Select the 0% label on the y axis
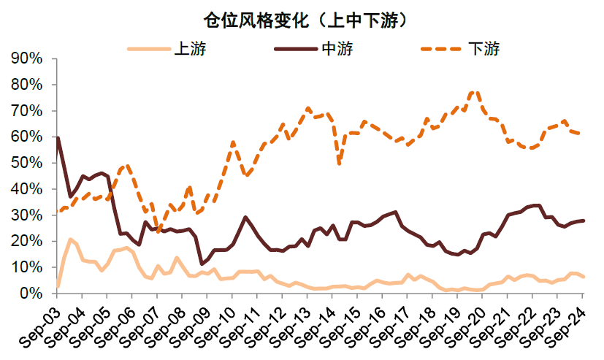[x=33, y=293]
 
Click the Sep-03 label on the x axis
[x=42, y=322]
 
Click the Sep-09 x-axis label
[x=192, y=322]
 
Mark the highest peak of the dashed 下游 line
[x=475, y=92]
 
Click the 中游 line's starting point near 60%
[x=57, y=137]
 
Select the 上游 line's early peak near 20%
[x=70, y=240]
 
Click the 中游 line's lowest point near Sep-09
[x=202, y=264]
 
